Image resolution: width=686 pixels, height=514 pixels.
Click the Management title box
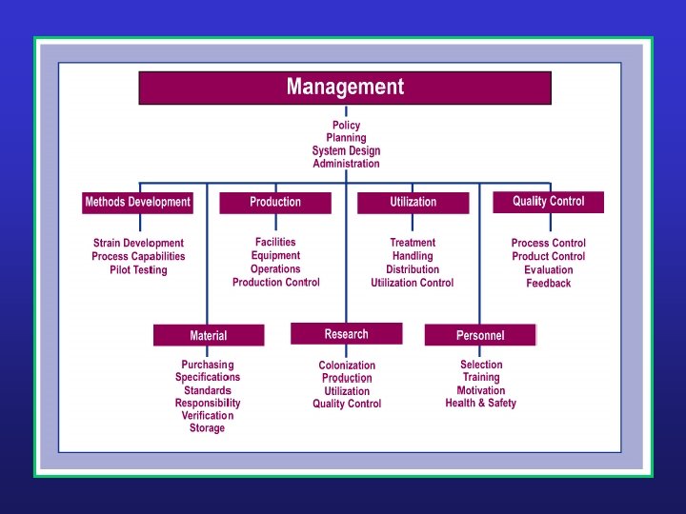pos(345,88)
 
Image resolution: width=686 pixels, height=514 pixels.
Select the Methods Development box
pos(138,202)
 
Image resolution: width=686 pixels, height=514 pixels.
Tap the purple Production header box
pos(275,202)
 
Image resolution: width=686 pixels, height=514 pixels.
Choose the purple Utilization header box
pos(413,202)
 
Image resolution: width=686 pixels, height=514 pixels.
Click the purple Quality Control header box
pos(548,201)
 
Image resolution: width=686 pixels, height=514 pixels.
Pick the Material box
pos(209,335)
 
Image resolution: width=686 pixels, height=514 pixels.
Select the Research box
pos(346,334)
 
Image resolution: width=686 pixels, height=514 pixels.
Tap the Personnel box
pos(480,335)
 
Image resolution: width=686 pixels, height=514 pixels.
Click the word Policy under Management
pos(346,126)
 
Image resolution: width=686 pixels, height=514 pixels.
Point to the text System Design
pos(346,150)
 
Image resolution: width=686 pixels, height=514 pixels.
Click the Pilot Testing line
pos(138,270)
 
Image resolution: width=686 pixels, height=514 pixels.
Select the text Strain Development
pos(138,244)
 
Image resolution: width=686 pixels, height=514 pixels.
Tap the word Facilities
pos(275,242)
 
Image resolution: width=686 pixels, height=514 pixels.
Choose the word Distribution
pos(413,269)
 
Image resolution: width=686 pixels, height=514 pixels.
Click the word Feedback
pos(549,284)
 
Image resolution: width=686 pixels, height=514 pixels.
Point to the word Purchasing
pos(208,365)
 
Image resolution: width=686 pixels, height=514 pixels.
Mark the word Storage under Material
pos(207,428)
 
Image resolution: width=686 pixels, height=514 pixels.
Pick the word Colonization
pos(347,366)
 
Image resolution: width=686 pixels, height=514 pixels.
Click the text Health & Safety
pos(480,404)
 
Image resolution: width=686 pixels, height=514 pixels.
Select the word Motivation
pos(481,390)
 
